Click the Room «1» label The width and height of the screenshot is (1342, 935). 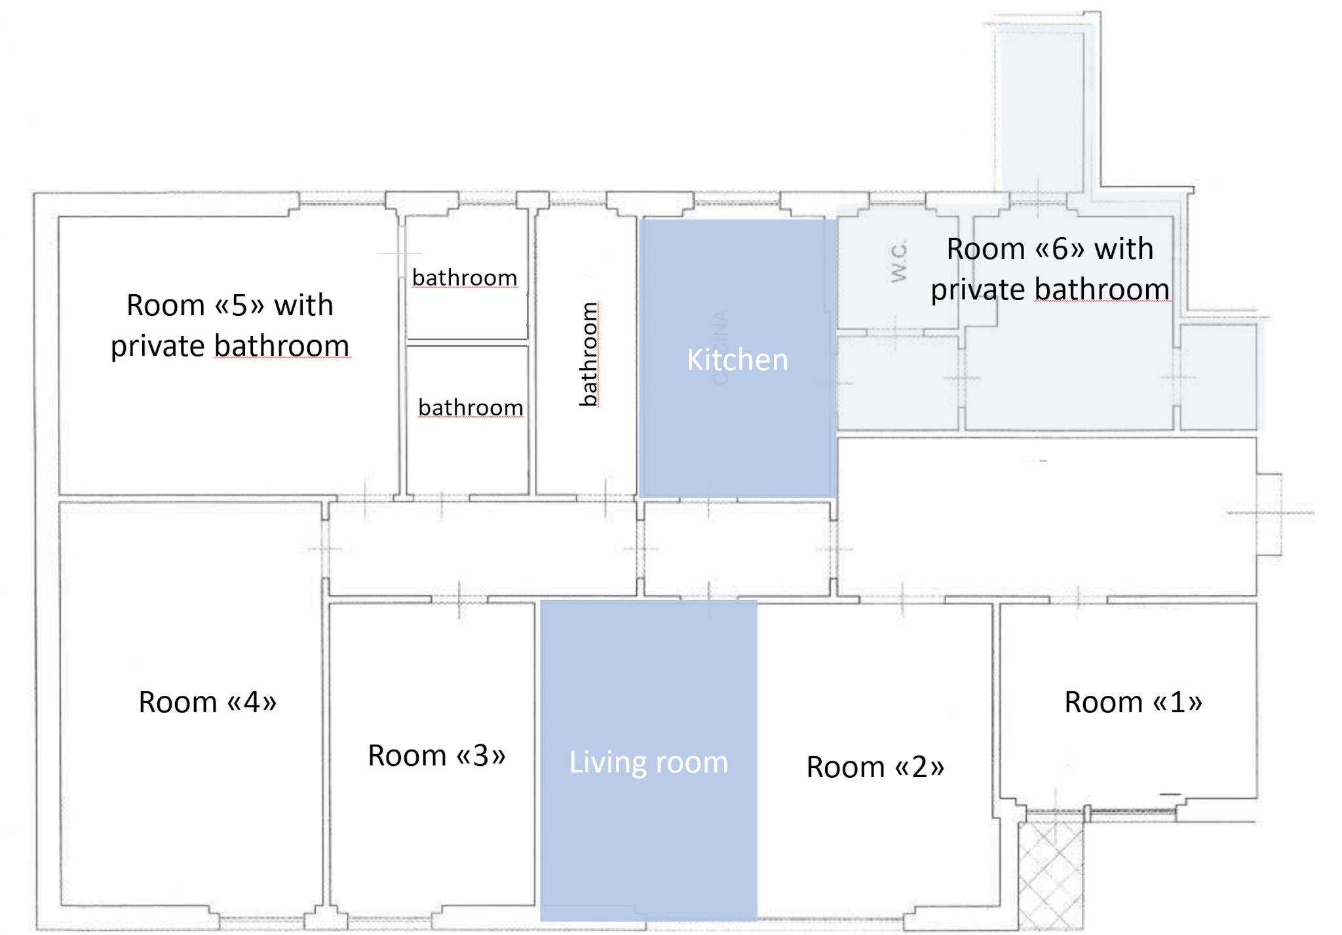[1133, 702]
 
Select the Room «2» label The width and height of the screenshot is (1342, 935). [875, 767]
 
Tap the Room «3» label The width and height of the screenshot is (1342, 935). [436, 755]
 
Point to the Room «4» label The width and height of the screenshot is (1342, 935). [207, 702]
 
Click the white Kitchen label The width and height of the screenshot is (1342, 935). [737, 360]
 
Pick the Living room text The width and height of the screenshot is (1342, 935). [648, 763]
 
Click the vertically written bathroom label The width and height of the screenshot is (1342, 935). [588, 354]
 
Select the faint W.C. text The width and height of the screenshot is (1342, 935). [899, 261]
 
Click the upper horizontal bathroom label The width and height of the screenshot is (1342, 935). [465, 277]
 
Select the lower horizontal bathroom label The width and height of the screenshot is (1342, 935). [470, 407]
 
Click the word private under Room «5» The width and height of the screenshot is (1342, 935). [157, 347]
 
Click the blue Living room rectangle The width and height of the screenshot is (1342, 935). [649, 760]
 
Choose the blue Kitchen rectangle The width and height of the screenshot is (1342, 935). [738, 358]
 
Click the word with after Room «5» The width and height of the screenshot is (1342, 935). [303, 305]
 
